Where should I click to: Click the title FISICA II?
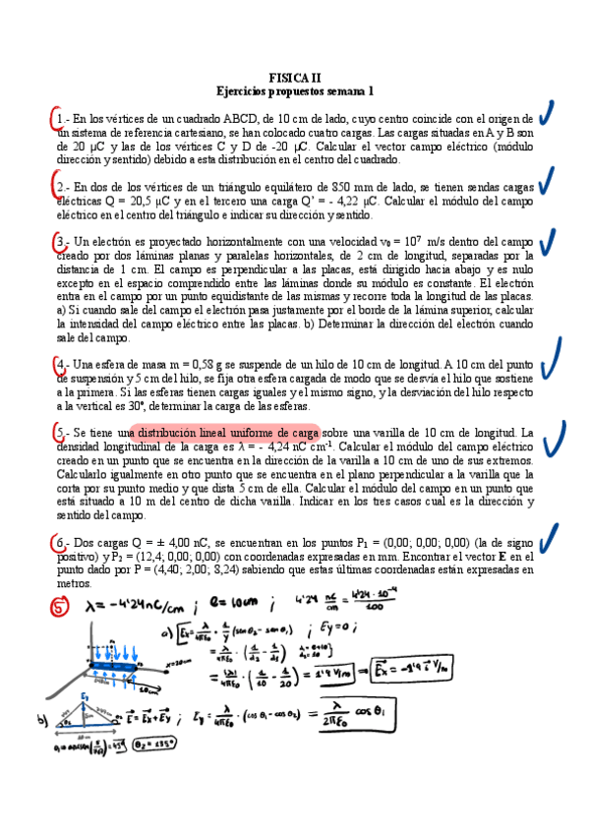(x=295, y=77)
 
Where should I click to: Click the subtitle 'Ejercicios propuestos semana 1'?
(x=295, y=90)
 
